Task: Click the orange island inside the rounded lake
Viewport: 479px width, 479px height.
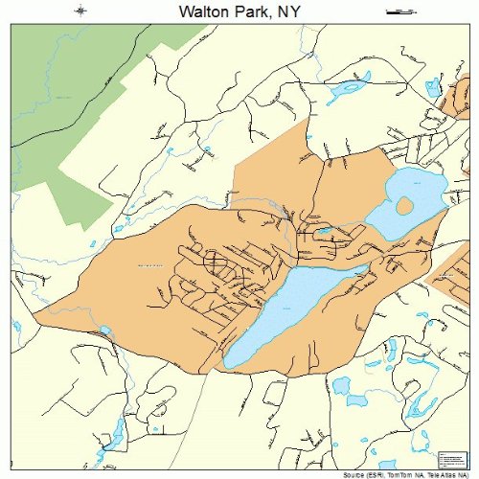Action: pyautogui.click(x=405, y=205)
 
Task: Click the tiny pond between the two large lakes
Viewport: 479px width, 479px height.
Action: pyautogui.click(x=325, y=231)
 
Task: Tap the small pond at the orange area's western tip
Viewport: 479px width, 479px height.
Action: pyautogui.click(x=103, y=331)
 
